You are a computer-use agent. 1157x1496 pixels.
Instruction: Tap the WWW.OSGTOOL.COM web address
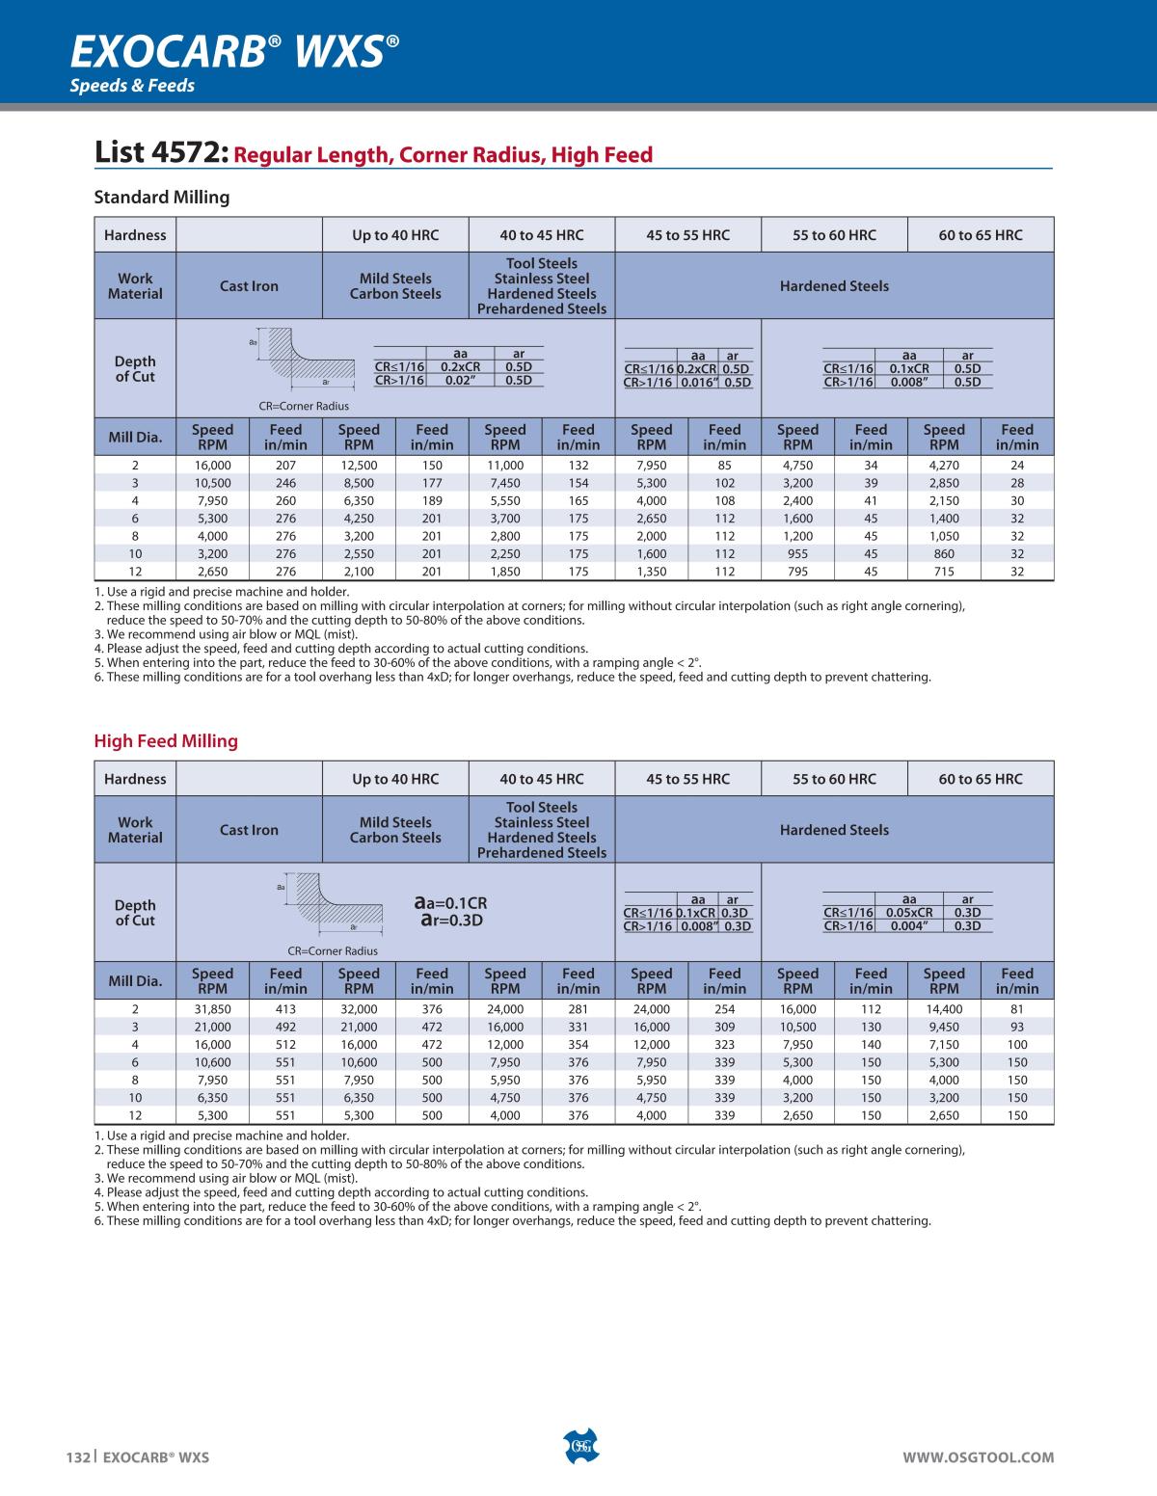tap(978, 1457)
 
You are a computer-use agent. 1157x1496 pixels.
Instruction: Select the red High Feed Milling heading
tap(166, 741)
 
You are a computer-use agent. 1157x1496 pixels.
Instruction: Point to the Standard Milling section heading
tap(162, 198)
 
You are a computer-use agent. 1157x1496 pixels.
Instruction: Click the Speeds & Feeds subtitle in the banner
tap(132, 86)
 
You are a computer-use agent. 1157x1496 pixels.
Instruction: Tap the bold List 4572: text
tap(161, 153)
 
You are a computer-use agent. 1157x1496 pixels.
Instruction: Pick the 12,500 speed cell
tap(359, 466)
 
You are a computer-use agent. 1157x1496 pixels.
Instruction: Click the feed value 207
tap(285, 466)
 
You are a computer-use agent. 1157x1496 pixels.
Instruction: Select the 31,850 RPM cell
tap(212, 1009)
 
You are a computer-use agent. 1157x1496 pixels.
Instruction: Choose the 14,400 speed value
tap(944, 1009)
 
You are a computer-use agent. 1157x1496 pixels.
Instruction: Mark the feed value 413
tap(285, 1009)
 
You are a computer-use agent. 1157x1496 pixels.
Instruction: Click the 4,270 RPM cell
tap(944, 466)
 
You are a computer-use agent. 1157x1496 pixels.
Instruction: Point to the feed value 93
tap(1017, 1027)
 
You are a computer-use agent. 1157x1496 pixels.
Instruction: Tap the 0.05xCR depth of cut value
tap(909, 913)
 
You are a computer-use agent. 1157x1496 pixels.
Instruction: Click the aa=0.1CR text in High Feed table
tap(451, 903)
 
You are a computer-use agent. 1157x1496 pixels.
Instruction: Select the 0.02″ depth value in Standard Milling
tap(461, 381)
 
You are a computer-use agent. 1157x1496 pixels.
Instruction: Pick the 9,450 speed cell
tap(944, 1027)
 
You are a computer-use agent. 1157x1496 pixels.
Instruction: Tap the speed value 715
tap(944, 572)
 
